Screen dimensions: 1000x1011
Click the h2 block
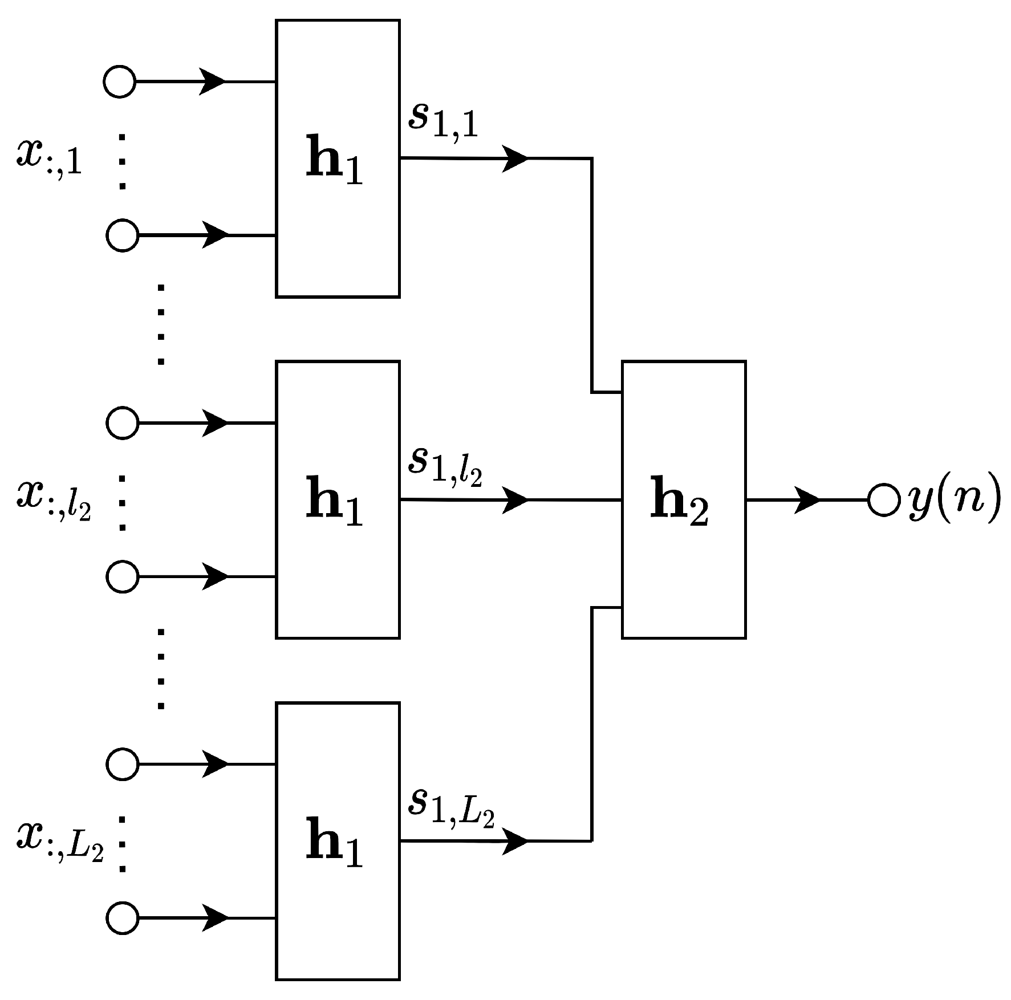coord(683,499)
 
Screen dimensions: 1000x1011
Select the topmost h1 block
coord(338,158)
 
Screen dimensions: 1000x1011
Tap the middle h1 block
coord(338,499)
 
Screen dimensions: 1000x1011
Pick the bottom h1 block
coord(338,840)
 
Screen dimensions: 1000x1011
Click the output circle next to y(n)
coord(884,500)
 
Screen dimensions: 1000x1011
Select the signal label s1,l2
coord(445,465)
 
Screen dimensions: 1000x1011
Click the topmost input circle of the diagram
coord(120,82)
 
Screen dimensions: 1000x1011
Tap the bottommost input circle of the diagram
coord(122,918)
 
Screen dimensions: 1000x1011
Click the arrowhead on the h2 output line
coord(807,500)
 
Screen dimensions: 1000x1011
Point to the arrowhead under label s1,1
coord(515,158)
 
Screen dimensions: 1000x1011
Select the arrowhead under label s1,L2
coord(515,840)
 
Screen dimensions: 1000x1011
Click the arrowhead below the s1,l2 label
coord(515,500)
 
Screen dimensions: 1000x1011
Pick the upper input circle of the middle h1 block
coord(122,423)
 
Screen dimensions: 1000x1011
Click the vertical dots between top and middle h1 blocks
coord(161,324)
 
